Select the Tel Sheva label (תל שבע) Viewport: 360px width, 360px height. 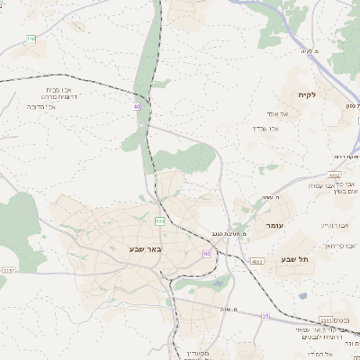(295, 259)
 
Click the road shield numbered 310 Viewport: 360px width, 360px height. (31, 39)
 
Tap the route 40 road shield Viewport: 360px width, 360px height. (137, 106)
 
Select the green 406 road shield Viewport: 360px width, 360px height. (159, 220)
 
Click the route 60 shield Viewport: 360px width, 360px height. (207, 254)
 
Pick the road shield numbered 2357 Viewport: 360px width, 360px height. (8, 270)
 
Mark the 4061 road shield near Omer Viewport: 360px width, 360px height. (258, 261)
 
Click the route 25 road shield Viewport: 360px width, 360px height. (265, 317)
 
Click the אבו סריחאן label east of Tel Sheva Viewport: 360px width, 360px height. (333, 245)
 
